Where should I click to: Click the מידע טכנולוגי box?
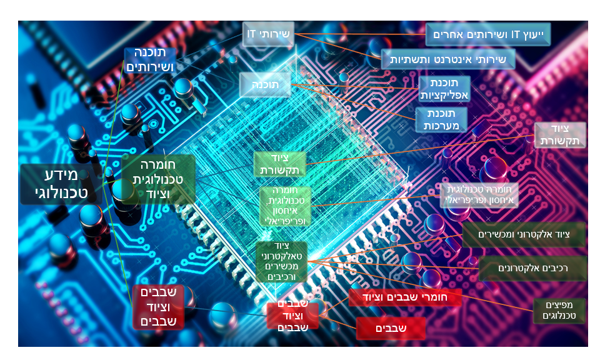pos(61,184)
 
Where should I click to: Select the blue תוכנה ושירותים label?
pos(150,60)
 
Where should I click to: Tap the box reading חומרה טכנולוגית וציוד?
pos(158,179)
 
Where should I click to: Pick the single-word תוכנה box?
pos(264,84)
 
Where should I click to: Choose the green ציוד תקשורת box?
pos(279,164)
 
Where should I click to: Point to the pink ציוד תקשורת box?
pos(560,135)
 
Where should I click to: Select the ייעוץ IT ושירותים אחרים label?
pos(488,34)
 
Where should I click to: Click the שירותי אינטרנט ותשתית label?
pos(448,59)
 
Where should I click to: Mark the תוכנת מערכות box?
pos(442,119)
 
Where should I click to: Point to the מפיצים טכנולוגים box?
pos(559,310)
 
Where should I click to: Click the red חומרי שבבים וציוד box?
pos(405,297)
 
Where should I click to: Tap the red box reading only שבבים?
pos(391,327)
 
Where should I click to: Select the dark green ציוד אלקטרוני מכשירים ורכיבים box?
pos(282,261)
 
